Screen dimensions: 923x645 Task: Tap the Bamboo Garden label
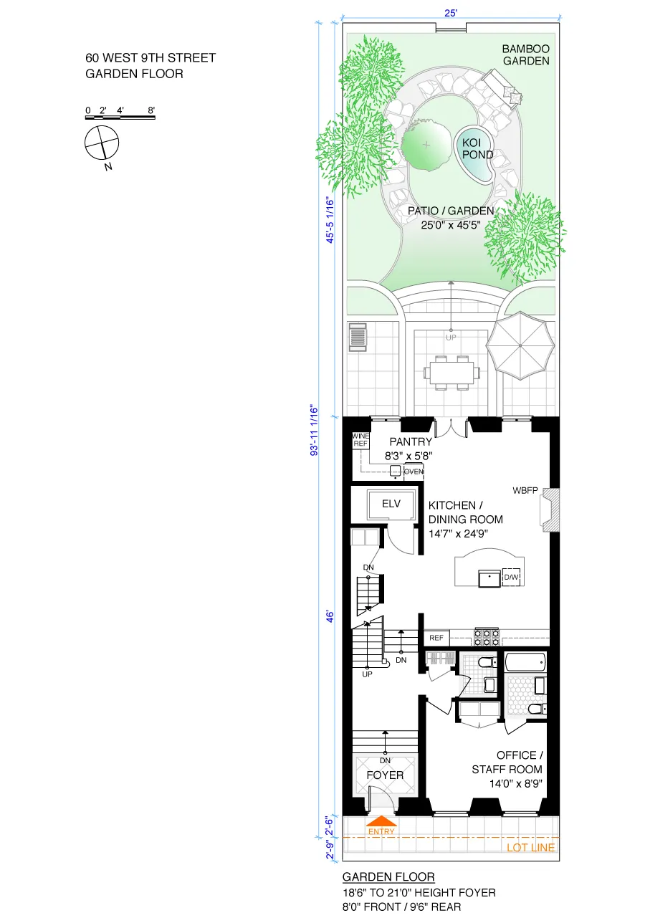(x=525, y=55)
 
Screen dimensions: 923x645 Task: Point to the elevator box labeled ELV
(x=391, y=504)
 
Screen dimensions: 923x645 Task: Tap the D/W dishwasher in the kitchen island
(x=511, y=577)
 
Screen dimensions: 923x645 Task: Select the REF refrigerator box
(x=436, y=637)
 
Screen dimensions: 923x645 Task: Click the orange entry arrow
(x=381, y=821)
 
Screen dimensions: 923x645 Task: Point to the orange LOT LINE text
(x=530, y=848)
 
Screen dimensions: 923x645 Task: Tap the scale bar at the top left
(x=120, y=117)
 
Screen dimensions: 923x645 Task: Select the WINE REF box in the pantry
(x=360, y=440)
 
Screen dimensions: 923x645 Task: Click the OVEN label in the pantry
(x=414, y=472)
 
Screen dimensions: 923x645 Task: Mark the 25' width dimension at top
(x=450, y=12)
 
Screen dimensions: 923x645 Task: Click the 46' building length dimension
(x=330, y=616)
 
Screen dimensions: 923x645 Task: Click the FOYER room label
(x=385, y=775)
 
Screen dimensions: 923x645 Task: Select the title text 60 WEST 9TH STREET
(x=150, y=58)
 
